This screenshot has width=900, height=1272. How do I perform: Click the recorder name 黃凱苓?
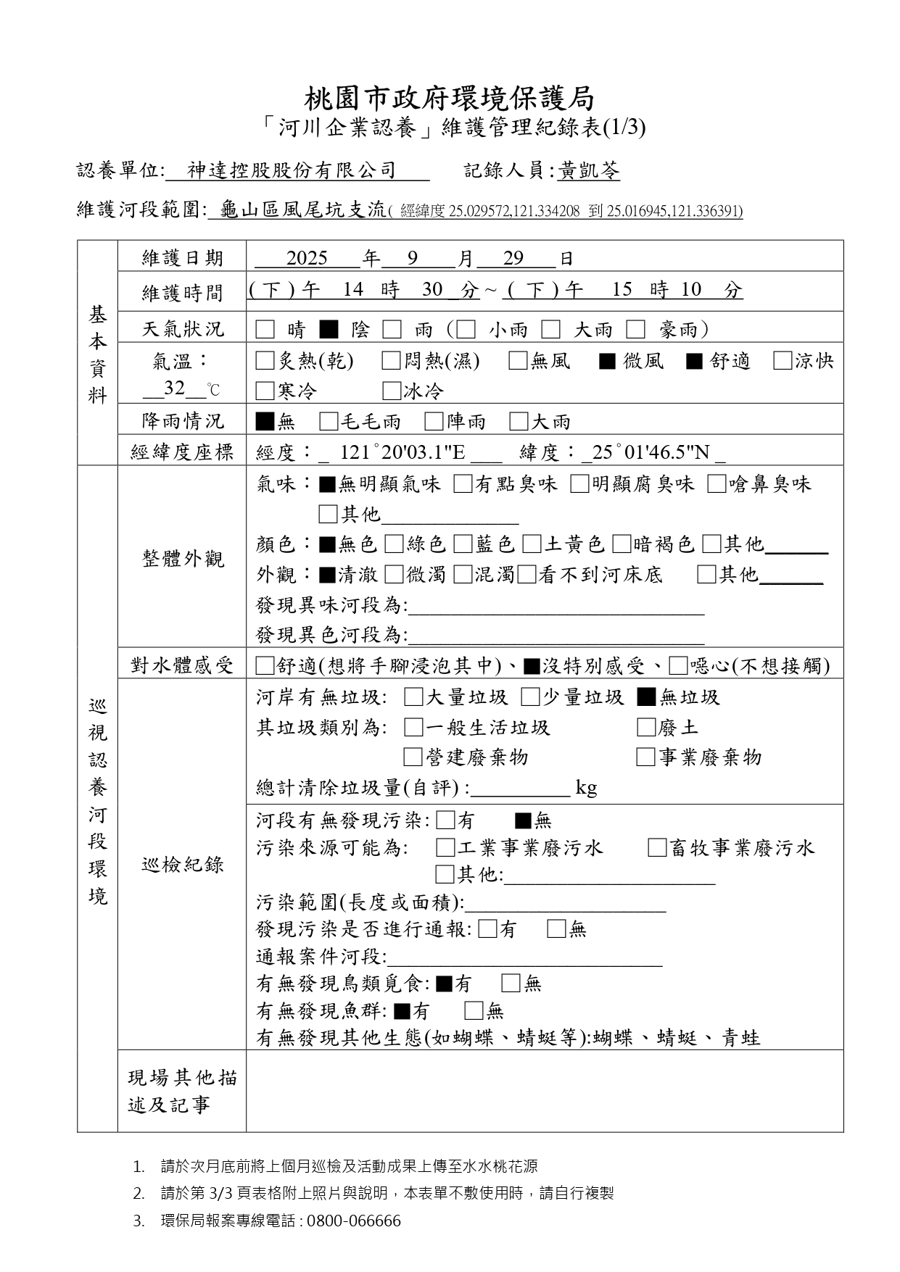589,171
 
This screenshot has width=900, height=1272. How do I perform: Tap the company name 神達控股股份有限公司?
292,171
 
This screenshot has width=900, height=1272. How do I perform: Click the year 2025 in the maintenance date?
307,259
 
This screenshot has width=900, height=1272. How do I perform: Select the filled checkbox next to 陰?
329,331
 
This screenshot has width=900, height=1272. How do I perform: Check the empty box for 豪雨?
636,331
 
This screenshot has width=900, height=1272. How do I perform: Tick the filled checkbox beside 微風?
607,361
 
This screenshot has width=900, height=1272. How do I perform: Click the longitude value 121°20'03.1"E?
402,453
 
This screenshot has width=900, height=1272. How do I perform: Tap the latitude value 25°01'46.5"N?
651,453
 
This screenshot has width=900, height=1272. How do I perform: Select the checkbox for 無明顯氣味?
327,485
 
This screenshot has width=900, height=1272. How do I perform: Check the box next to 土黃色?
532,544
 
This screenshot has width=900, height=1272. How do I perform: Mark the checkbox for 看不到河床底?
527,575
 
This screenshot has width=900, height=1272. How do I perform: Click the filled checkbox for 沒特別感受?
531,665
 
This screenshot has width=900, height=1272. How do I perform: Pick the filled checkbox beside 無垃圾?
645,697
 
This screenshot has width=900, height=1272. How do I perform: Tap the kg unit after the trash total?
586,788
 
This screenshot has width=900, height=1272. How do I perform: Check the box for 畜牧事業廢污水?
656,848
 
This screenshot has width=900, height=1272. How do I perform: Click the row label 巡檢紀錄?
183,864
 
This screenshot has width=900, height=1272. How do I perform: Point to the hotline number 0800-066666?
353,1221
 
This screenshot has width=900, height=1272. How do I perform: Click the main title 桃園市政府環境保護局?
449,99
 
